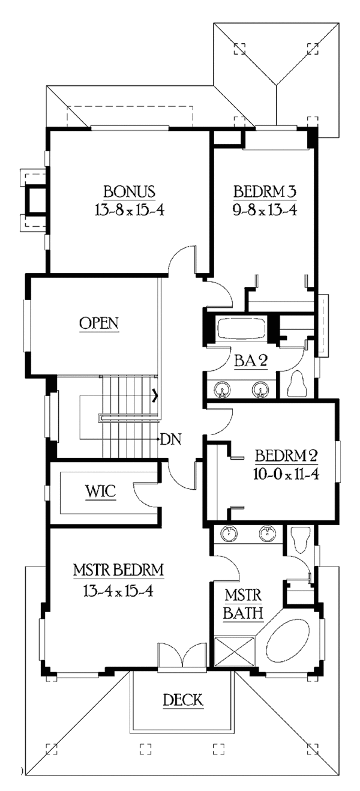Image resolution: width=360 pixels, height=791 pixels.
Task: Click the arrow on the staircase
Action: coord(155,395)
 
